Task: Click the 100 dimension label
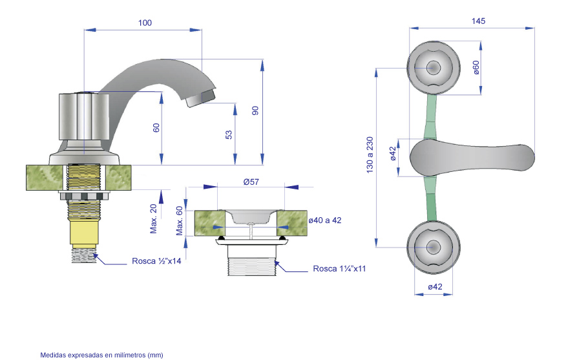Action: point(145,23)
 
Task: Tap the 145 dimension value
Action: point(478,21)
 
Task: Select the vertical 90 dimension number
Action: point(255,111)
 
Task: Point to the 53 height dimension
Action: point(229,134)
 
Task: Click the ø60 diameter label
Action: point(476,68)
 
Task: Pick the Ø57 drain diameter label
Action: point(251,182)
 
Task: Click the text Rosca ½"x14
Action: point(156,261)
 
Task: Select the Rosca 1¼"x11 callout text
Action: point(339,269)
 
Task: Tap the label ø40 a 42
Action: point(325,220)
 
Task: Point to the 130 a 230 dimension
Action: point(370,155)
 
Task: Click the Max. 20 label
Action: point(153,218)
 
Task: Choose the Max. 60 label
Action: point(179,221)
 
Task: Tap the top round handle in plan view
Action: point(434,68)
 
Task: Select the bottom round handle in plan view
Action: point(434,248)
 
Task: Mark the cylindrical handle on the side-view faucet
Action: point(84,116)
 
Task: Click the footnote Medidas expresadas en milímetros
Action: point(101,355)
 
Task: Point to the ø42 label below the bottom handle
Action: point(435,287)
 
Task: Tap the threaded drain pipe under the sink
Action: point(252,260)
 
